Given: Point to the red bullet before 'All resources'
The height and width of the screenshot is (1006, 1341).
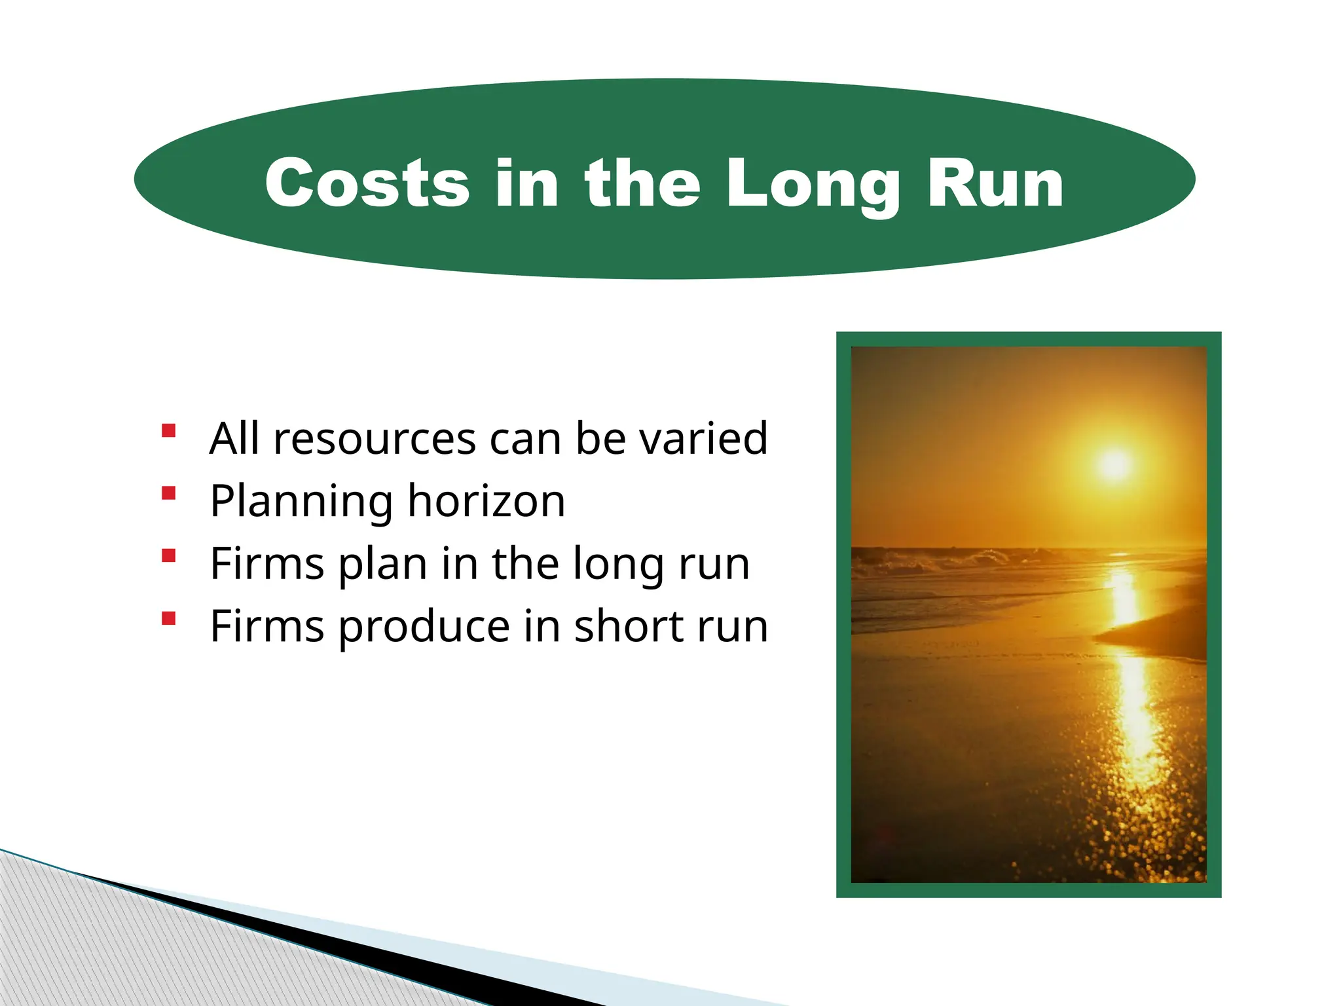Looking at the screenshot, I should point(169,431).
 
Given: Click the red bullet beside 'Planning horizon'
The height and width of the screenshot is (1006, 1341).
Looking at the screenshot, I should point(169,493).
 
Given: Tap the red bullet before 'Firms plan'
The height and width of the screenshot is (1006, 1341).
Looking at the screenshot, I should point(169,556).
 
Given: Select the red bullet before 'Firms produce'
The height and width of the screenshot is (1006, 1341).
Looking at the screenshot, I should point(169,618).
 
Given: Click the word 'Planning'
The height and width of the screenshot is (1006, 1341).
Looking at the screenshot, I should point(301,502).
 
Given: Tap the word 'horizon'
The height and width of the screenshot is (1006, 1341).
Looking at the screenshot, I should point(486,501).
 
